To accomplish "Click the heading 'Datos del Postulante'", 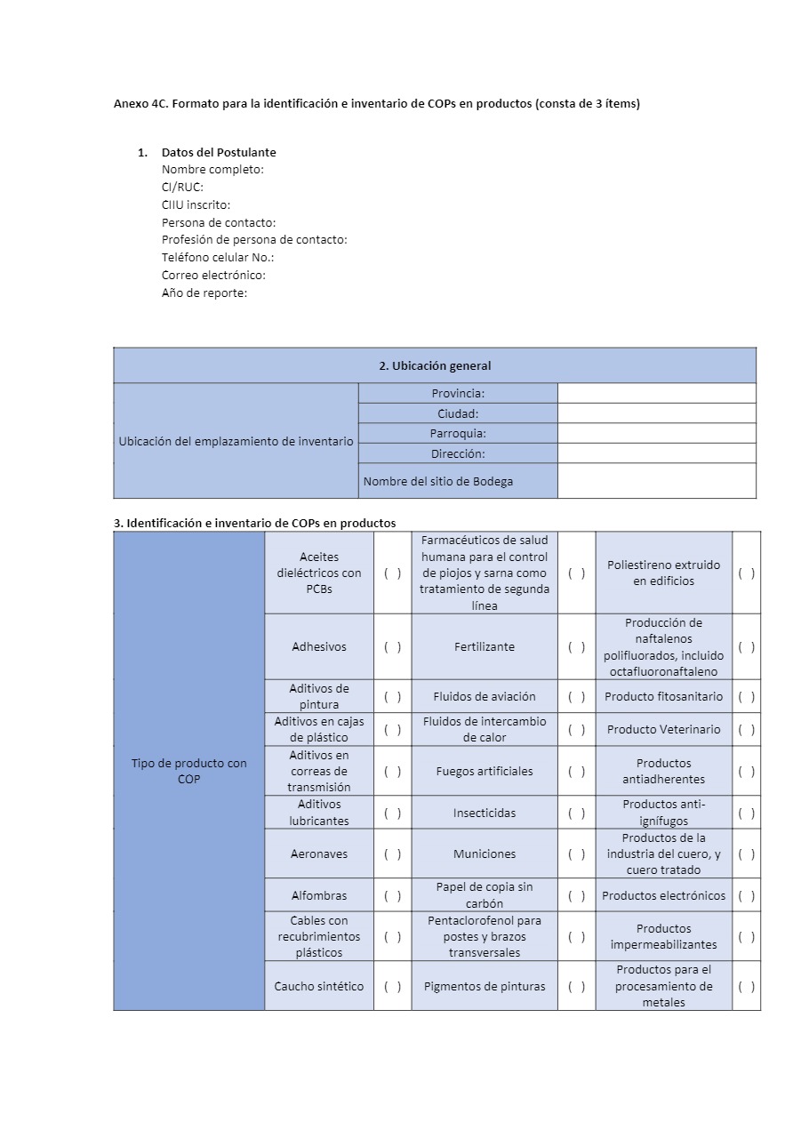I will pyautogui.click(x=219, y=152).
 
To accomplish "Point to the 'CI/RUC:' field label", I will pyautogui.click(x=182, y=188).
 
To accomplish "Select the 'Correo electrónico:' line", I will pyautogui.click(x=213, y=275).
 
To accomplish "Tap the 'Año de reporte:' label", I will pyautogui.click(x=204, y=293).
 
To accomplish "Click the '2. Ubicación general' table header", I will pyautogui.click(x=435, y=365).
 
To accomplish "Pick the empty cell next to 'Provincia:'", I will pyautogui.click(x=657, y=393).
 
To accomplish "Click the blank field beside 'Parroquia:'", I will pyautogui.click(x=657, y=433).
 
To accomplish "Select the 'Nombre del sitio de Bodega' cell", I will pyautogui.click(x=438, y=481).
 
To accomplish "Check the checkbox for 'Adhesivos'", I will pyautogui.click(x=392, y=647).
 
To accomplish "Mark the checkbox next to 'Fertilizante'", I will pyautogui.click(x=576, y=647).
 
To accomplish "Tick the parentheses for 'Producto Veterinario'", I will pyautogui.click(x=747, y=730).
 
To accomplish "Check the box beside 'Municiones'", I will pyautogui.click(x=576, y=854).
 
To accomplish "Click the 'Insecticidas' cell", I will pyautogui.click(x=485, y=813).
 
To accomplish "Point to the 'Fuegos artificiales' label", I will pyautogui.click(x=485, y=771).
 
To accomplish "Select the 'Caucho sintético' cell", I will pyautogui.click(x=319, y=986).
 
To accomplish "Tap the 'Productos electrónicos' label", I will pyautogui.click(x=664, y=895).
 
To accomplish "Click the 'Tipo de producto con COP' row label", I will pyautogui.click(x=189, y=771).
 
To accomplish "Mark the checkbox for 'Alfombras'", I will pyautogui.click(x=392, y=895).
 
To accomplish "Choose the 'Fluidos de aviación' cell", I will pyautogui.click(x=485, y=696).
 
